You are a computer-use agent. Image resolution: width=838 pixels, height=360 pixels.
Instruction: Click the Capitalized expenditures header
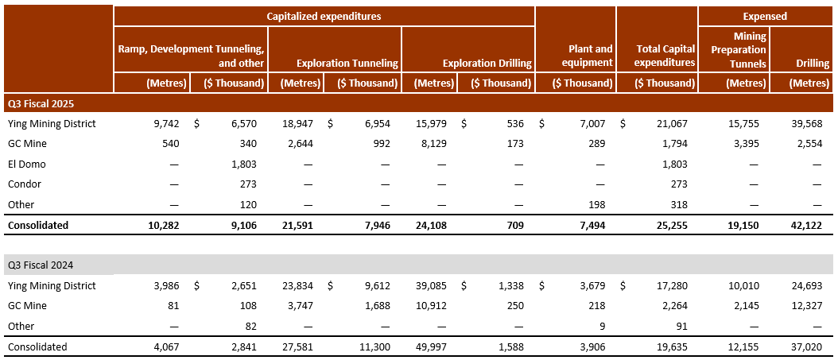pyautogui.click(x=324, y=16)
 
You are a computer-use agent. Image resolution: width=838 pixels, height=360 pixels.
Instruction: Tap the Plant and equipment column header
pyautogui.click(x=586, y=56)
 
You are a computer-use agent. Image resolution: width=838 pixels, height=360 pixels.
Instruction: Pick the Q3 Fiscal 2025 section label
pyautogui.click(x=40, y=103)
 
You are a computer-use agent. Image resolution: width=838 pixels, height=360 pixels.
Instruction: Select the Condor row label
pyautogui.click(x=24, y=184)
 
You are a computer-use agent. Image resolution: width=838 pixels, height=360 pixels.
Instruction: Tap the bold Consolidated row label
pyautogui.click(x=37, y=225)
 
